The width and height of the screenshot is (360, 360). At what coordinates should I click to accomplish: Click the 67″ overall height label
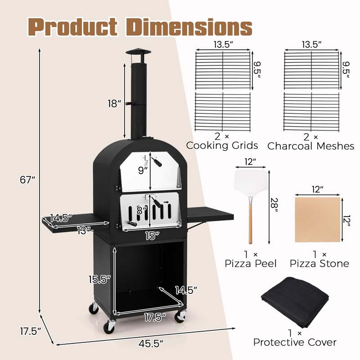(27, 180)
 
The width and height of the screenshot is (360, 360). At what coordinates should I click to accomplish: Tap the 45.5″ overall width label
(151, 344)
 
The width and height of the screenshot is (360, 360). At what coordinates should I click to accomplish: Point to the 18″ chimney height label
(114, 103)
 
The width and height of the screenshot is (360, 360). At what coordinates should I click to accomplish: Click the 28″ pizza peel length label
(274, 205)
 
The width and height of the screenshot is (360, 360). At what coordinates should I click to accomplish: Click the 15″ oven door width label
(152, 236)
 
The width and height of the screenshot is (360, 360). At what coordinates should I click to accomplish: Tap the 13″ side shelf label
(84, 230)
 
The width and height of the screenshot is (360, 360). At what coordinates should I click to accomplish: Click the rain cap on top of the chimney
(139, 52)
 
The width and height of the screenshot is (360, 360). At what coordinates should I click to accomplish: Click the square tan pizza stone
(318, 220)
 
